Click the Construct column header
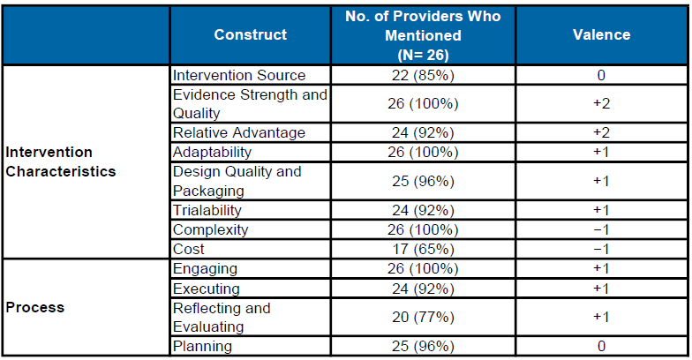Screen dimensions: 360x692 (x=250, y=34)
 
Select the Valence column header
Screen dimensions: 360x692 (x=601, y=34)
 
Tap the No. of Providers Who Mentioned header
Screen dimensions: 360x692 (x=423, y=35)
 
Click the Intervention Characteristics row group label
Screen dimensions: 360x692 (x=61, y=161)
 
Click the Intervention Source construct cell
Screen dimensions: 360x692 (x=239, y=76)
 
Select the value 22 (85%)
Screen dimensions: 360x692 (x=423, y=76)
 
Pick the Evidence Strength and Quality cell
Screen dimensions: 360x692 (x=250, y=104)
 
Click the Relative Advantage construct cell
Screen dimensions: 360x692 (x=239, y=132)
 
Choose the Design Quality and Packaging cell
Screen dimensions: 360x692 (x=237, y=181)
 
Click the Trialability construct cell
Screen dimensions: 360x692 (x=207, y=210)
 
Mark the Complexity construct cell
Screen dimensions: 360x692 (x=210, y=229)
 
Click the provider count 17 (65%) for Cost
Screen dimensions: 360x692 (x=423, y=249)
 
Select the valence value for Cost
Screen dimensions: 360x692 (x=601, y=249)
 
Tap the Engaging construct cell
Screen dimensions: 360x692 (x=205, y=268)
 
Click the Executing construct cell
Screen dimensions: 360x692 (x=207, y=288)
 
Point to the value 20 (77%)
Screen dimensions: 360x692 (x=423, y=317)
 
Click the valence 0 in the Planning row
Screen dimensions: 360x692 (x=601, y=346)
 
